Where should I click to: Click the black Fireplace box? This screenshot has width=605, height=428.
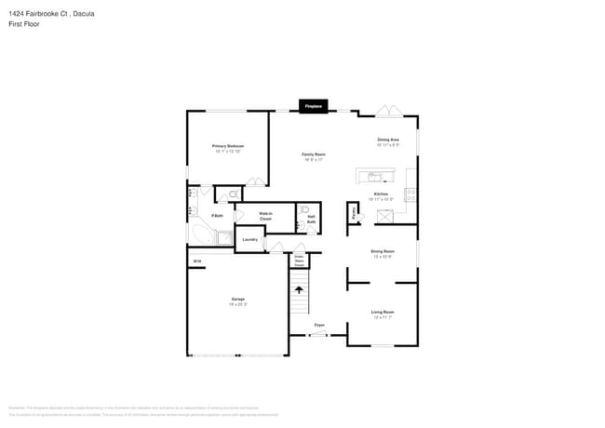tap(313, 107)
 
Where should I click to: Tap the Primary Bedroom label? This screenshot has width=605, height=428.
tap(228, 148)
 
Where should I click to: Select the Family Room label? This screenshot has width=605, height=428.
tap(313, 156)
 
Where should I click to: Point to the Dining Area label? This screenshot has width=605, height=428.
tap(388, 142)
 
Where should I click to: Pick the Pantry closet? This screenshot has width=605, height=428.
tap(355, 214)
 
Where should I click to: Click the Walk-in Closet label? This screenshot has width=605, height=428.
tap(265, 216)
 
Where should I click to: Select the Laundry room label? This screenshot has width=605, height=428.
tap(249, 240)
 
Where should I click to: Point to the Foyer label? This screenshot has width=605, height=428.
tap(318, 325)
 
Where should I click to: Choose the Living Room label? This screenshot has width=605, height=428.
tap(383, 314)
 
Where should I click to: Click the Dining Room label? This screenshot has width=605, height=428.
tap(383, 252)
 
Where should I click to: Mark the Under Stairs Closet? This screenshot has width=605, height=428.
tap(300, 261)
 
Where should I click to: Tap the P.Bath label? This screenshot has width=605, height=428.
tap(217, 216)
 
